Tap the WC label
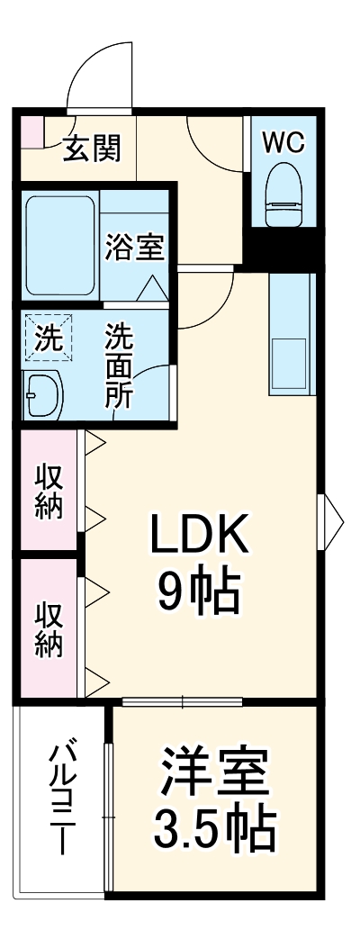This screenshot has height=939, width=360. [283, 141]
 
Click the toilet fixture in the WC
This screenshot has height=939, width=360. [283, 194]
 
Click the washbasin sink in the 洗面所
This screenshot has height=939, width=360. [44, 394]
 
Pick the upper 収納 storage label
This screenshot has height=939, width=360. [49, 491]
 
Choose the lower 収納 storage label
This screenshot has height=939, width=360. [49, 629]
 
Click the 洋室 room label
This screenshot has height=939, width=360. [212, 773]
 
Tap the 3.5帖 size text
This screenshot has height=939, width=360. [212, 829]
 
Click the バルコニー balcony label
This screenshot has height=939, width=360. [61, 798]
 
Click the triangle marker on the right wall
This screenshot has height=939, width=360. [334, 518]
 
